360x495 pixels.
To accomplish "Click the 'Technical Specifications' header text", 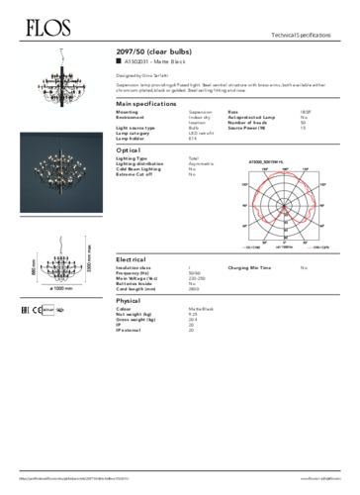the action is (314, 35).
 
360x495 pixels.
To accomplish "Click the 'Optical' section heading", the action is (128, 149).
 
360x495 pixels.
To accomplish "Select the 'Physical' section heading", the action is (129, 299).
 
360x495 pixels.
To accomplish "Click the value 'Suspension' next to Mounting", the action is (201, 113).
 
